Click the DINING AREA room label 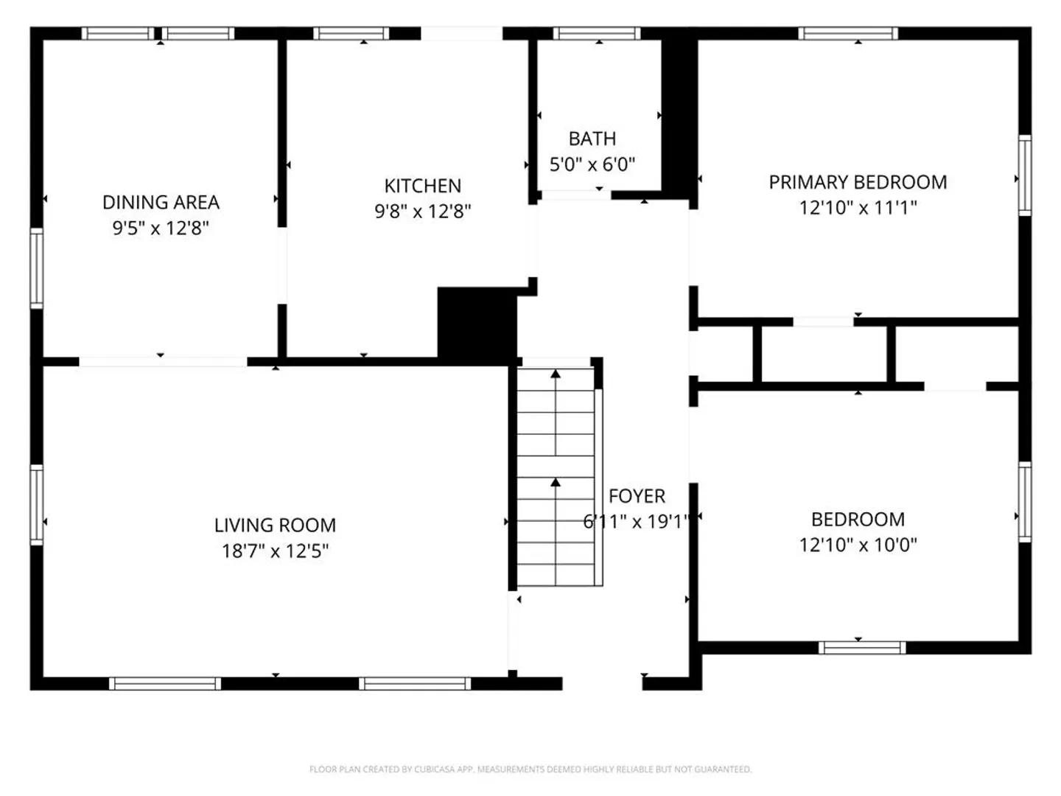coord(161,202)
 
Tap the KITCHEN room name coord(422,186)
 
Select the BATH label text coord(592,139)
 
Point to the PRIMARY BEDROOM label coord(858,182)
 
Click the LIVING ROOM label coord(275,526)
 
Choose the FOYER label coord(637,496)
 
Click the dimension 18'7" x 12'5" coord(275,551)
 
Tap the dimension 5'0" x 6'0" coord(592,164)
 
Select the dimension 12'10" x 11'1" coord(858,208)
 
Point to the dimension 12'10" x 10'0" coord(858,545)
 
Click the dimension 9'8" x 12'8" coord(422,212)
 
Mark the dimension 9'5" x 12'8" coord(161,228)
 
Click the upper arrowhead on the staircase coord(556,374)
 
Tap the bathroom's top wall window coord(597,33)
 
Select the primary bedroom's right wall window coord(1025,175)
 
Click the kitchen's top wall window coord(351,33)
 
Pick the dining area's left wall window coord(37,268)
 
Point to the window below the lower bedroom coord(862,648)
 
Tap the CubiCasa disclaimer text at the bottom coord(530,769)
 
